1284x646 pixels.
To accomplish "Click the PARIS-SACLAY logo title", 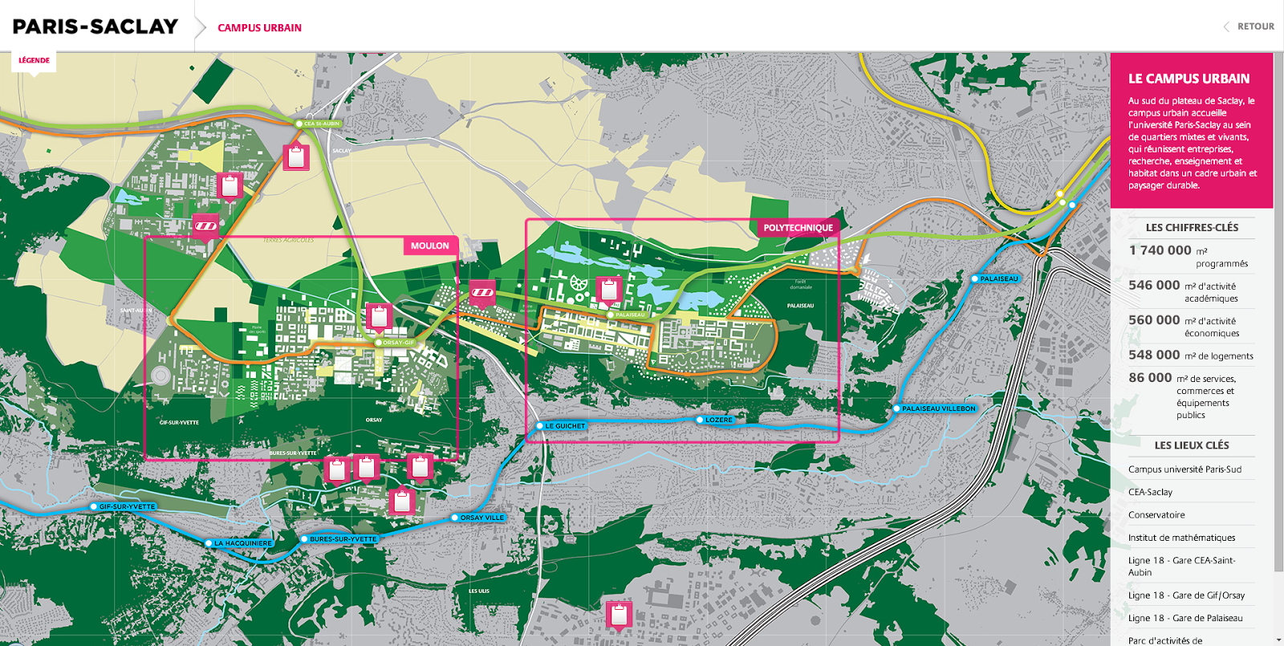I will coord(95,26).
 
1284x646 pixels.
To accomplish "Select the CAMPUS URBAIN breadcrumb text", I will coord(259,27).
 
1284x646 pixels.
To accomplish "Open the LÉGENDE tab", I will coord(34,60).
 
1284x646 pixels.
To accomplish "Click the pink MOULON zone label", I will coord(429,246).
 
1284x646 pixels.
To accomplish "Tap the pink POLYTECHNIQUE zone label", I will coord(798,228).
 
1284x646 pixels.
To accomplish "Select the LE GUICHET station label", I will coord(565,426).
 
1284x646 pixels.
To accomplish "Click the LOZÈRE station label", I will coord(718,420).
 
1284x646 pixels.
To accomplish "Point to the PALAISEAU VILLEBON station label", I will coord(938,408).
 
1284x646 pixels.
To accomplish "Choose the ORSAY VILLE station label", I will coord(481,518).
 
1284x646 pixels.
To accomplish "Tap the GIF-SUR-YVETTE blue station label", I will coord(127,506).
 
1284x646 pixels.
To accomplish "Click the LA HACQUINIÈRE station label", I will coord(242,543).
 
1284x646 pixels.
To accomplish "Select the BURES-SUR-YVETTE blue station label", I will coord(343,539).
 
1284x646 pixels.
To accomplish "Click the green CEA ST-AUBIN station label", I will coord(321,124).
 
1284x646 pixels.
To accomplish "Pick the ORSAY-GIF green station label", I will coord(398,343).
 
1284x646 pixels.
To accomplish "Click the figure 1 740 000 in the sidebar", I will coord(1160,250).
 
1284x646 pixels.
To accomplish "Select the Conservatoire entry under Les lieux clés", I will coord(1156,515).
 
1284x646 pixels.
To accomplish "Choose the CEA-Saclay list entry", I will coord(1150,492).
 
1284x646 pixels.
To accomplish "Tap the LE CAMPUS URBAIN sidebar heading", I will coord(1189,79).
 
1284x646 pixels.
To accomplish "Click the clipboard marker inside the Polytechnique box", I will coord(609,289).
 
